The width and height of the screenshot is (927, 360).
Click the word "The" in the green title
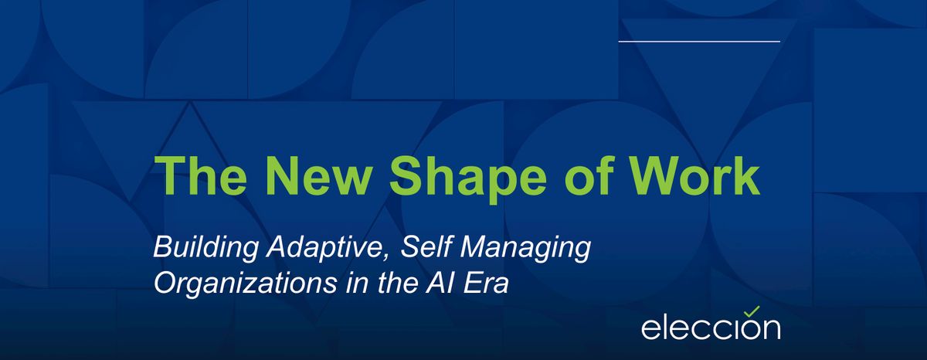point(201,175)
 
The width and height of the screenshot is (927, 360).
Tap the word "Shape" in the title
point(467,178)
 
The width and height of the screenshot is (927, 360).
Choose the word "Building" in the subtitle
point(205,248)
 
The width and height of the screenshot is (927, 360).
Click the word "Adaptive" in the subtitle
point(324,248)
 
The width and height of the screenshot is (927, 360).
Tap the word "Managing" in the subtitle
point(525,248)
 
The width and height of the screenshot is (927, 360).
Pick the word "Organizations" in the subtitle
point(246,284)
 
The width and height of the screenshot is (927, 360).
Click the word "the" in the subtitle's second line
point(396,283)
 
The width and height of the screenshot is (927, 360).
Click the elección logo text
point(711,328)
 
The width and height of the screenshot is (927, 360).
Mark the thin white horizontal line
point(699,42)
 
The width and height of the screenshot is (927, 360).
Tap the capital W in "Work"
point(656,175)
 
